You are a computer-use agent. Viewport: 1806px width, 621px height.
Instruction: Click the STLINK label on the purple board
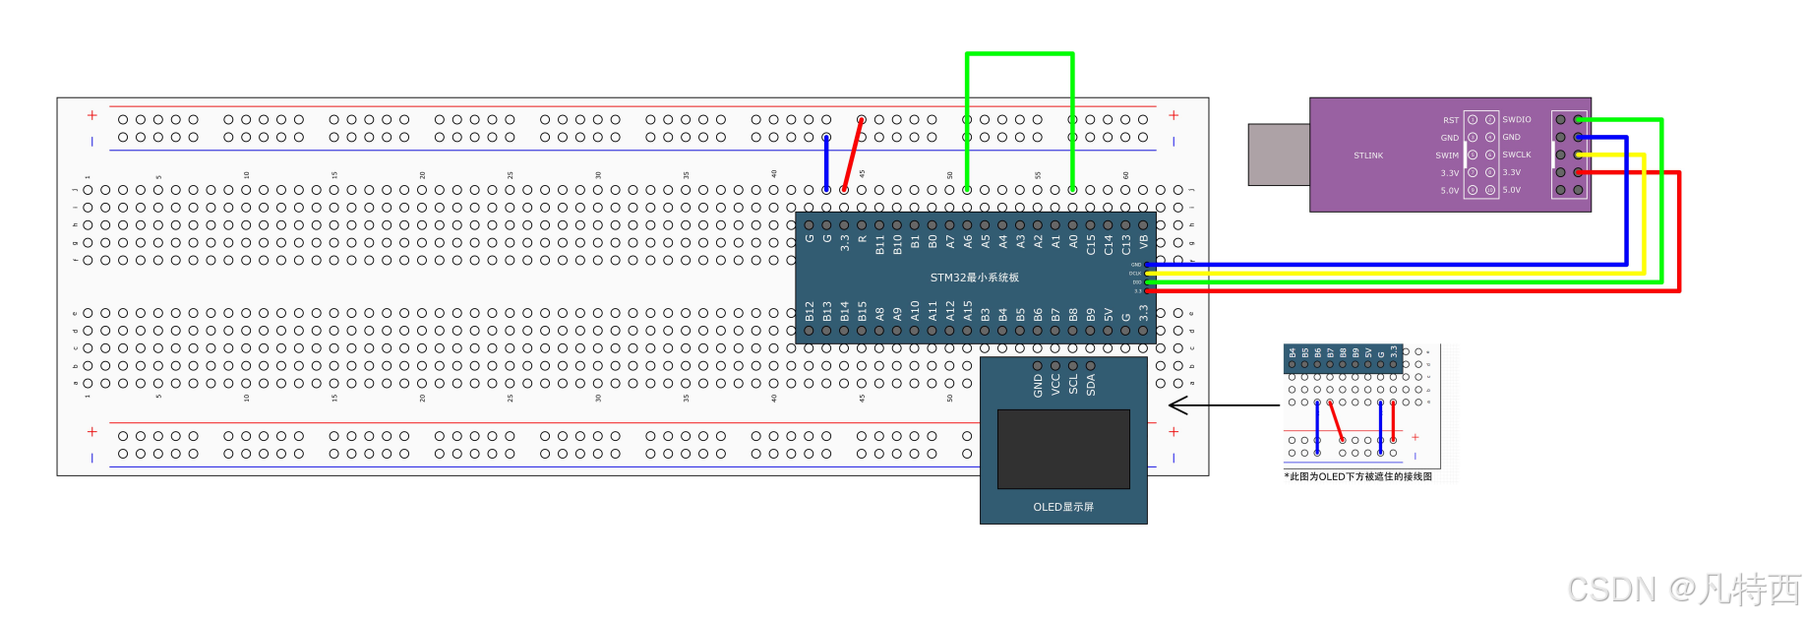pyautogui.click(x=1367, y=155)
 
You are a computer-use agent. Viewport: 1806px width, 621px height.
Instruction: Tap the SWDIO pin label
pyautogui.click(x=1516, y=120)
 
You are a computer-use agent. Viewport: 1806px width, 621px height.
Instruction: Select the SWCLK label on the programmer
pyautogui.click(x=1516, y=155)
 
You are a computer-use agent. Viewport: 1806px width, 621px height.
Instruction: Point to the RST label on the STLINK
pyautogui.click(x=1451, y=120)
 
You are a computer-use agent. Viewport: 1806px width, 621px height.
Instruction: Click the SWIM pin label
pyautogui.click(x=1446, y=155)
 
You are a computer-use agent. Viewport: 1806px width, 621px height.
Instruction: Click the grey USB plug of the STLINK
pyautogui.click(x=1278, y=155)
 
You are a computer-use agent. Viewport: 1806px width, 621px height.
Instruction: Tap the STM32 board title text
pyautogui.click(x=974, y=278)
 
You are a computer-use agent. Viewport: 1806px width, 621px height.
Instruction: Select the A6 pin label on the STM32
pyautogui.click(x=968, y=241)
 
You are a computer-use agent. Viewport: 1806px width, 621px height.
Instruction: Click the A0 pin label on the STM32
pyautogui.click(x=1073, y=241)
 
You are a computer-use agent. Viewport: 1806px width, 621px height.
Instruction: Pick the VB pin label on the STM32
pyautogui.click(x=1143, y=241)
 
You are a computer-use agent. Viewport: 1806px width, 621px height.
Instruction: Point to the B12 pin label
pyautogui.click(x=810, y=312)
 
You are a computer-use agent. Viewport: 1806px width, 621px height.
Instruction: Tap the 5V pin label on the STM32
pyautogui.click(x=1109, y=315)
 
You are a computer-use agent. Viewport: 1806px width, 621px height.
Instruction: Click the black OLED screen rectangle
pyautogui.click(x=1063, y=449)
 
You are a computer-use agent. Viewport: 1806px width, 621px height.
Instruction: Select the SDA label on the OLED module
pyautogui.click(x=1091, y=385)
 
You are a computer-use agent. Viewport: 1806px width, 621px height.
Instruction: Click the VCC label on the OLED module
pyautogui.click(x=1055, y=385)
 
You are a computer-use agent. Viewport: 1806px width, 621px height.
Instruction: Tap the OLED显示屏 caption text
pyautogui.click(x=1062, y=507)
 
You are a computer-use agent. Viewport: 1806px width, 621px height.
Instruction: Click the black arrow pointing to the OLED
pyautogui.click(x=1220, y=405)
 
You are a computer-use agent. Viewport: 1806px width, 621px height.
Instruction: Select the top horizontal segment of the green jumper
pyautogui.click(x=1019, y=54)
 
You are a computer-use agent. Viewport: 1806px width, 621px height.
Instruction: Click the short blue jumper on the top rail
pyautogui.click(x=826, y=163)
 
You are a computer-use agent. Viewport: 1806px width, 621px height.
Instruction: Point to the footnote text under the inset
pyautogui.click(x=1359, y=476)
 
